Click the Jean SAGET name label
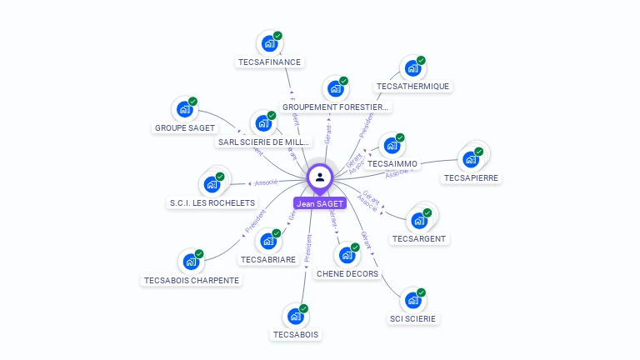[x=320, y=203]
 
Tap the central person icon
[x=320, y=177]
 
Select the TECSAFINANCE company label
[x=269, y=62]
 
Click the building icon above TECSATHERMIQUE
[x=411, y=68]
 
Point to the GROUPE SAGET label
[x=185, y=128]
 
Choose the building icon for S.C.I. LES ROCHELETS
[x=212, y=184]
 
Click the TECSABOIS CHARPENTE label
[x=192, y=280]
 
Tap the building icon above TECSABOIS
[x=294, y=317]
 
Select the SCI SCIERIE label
[x=412, y=318]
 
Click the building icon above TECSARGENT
[x=418, y=221]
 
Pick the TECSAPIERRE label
[x=472, y=178]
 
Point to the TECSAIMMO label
[x=392, y=164]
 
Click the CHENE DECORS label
[x=347, y=273]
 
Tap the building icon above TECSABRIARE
[x=267, y=242]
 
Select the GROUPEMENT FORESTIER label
[x=336, y=107]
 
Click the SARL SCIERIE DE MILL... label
[x=263, y=142]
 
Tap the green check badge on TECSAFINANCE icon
[x=277, y=36]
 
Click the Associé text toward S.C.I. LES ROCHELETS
[x=266, y=182]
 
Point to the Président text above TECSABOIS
[x=309, y=248]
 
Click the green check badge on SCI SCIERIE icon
[x=421, y=292]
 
